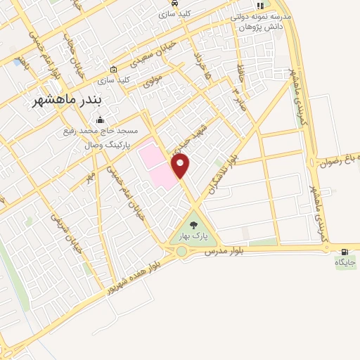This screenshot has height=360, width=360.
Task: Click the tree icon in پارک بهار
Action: coord(194,225)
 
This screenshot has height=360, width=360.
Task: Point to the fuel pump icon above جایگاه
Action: coord(345,251)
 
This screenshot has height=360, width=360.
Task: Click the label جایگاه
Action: coord(345,263)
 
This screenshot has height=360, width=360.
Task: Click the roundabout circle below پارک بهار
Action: coord(181,251)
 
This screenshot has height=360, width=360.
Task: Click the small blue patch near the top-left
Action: coord(16,62)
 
